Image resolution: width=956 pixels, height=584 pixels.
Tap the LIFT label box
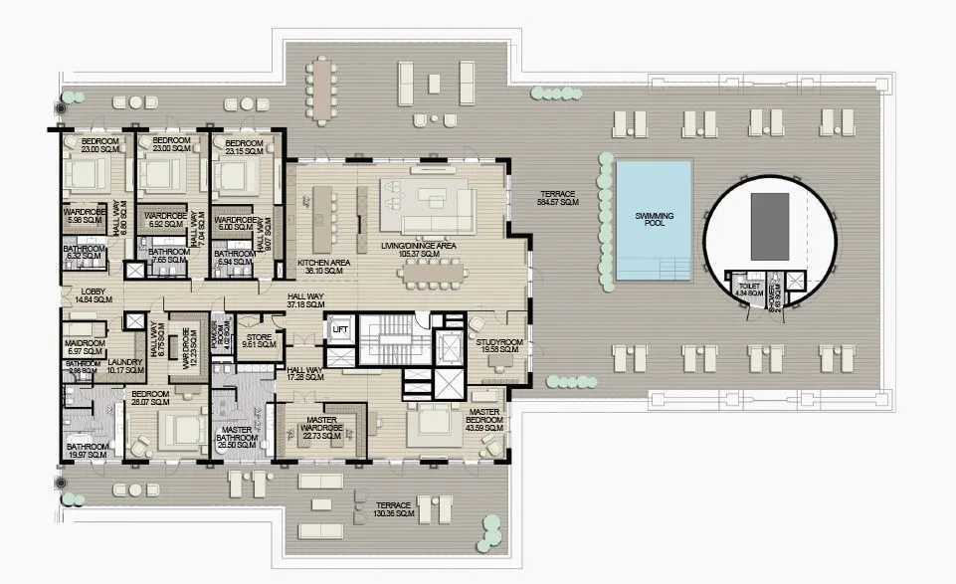[x=340, y=329]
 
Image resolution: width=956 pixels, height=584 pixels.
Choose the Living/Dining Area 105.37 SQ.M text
[x=419, y=249]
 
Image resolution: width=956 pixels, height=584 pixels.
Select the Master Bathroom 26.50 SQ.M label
[x=238, y=438]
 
